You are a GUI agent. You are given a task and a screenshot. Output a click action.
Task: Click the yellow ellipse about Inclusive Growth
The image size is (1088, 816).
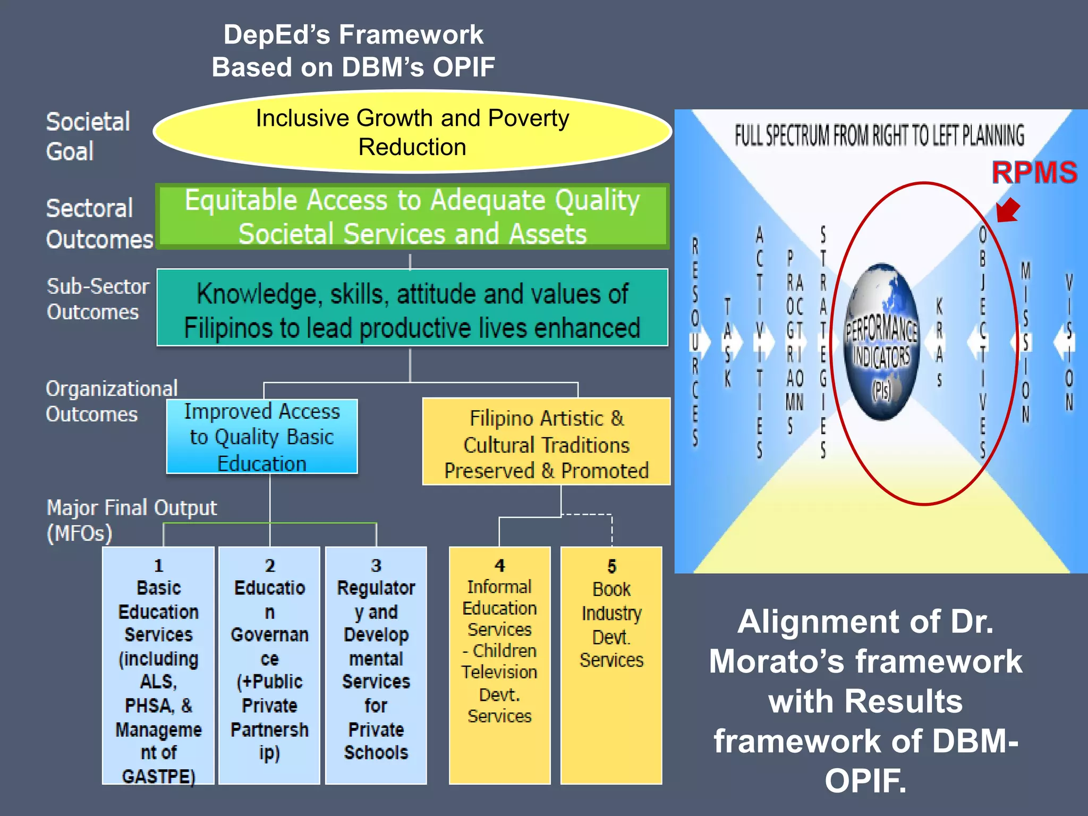coord(412,132)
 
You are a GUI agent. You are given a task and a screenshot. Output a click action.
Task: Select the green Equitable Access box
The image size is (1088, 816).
coord(412,217)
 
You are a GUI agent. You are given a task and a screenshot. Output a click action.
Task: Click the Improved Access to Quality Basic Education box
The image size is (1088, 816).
coord(262,437)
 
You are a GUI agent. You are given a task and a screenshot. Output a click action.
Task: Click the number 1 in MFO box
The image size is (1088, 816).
coord(158,565)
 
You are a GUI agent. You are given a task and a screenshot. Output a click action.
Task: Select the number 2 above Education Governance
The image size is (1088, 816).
coord(270,565)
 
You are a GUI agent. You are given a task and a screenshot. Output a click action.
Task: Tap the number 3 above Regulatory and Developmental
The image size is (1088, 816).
coord(376,565)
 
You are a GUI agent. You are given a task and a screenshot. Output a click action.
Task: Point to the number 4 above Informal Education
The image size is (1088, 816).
coord(499,565)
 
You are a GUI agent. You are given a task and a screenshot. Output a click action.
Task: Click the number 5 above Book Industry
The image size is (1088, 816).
coord(611,566)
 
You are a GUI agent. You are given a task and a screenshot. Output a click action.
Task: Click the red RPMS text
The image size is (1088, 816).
coord(1034,173)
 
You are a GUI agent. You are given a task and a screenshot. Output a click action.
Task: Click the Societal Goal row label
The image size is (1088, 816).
coord(88,137)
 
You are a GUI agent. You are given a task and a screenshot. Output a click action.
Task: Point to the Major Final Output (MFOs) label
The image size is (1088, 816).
coord(131,520)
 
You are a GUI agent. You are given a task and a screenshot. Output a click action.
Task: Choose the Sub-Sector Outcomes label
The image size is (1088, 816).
coord(98,299)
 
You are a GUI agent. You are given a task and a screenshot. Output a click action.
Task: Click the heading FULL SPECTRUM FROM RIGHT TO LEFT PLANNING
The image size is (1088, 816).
coord(879,135)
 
